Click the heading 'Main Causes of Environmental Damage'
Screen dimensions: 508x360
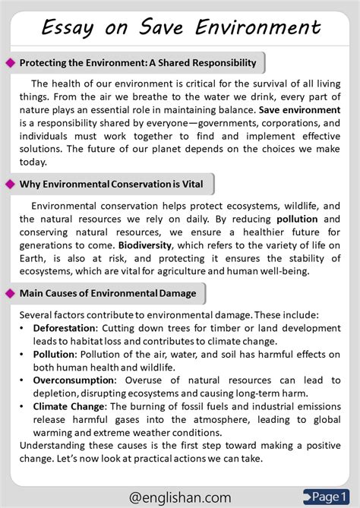tap(107, 293)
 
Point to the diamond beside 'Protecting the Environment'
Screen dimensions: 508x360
tap(10, 62)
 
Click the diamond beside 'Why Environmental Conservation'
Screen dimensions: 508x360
tap(10, 184)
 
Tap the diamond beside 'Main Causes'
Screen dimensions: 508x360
tap(10, 293)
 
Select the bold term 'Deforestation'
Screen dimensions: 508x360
tap(65, 327)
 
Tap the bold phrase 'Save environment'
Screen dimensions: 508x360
tap(300, 110)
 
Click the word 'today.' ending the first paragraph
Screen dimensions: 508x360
tap(33, 162)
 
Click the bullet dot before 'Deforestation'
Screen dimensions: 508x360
tap(23, 327)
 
